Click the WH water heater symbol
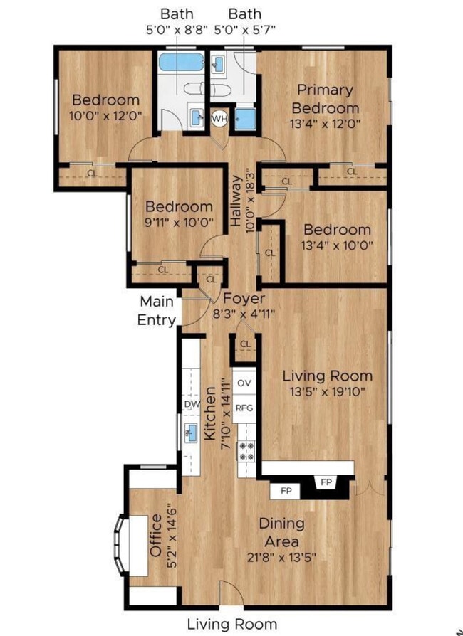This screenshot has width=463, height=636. (219, 119)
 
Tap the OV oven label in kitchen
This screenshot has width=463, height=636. (244, 383)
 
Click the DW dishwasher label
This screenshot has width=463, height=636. (192, 404)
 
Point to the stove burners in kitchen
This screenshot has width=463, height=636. (246, 449)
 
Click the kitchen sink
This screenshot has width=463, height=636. (191, 432)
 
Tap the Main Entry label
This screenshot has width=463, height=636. (157, 311)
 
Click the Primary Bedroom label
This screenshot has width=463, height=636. (326, 99)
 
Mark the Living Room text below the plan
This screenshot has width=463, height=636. (231, 624)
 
